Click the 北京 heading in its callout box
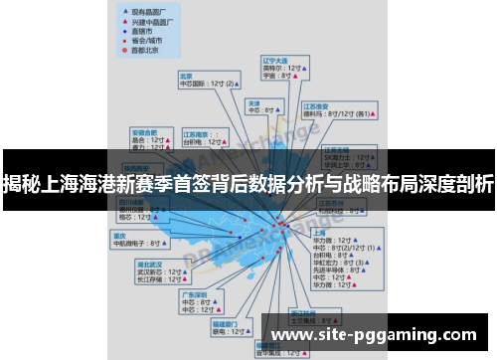tap(185, 76)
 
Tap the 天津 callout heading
tap(254, 102)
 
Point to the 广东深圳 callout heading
tap(193, 294)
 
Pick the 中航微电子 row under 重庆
tap(137, 243)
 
